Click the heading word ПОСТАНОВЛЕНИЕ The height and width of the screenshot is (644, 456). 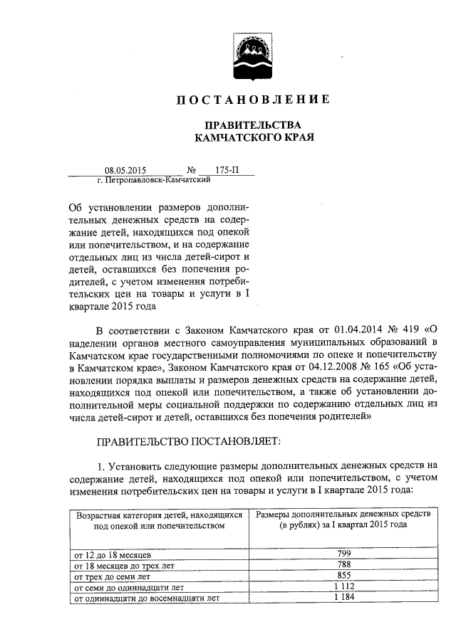coord(253,100)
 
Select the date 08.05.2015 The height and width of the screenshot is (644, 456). coord(125,171)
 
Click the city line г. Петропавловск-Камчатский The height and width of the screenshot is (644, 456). coord(153,181)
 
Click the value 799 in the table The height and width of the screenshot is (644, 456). coord(343,553)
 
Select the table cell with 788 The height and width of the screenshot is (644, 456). coord(343,564)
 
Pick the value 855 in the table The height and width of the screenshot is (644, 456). coord(343,576)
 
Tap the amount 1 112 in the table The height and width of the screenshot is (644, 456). coord(343,587)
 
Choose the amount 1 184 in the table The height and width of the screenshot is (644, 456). coord(343,598)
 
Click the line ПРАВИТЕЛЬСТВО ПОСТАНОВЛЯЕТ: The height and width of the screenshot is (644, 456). coord(189,441)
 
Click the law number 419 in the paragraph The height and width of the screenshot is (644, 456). coord(408,330)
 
